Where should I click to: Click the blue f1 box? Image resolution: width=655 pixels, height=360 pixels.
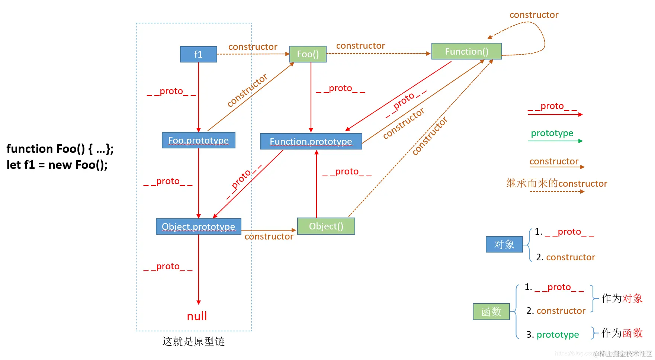pyautogui.click(x=198, y=54)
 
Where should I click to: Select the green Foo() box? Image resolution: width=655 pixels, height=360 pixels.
pyautogui.click(x=308, y=54)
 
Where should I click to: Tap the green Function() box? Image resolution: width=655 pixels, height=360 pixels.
pyautogui.click(x=466, y=51)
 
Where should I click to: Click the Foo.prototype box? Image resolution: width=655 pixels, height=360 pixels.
pyautogui.click(x=198, y=140)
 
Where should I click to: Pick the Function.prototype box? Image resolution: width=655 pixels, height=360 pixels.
pyautogui.click(x=311, y=141)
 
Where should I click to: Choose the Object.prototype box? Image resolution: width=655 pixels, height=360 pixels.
pyautogui.click(x=198, y=226)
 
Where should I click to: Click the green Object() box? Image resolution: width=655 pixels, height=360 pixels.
pyautogui.click(x=326, y=226)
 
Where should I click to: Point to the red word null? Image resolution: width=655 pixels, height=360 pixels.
pyautogui.click(x=197, y=316)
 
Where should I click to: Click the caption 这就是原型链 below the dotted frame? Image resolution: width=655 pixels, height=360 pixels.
pyautogui.click(x=193, y=341)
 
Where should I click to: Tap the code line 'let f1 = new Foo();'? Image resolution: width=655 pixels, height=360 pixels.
pyautogui.click(x=57, y=165)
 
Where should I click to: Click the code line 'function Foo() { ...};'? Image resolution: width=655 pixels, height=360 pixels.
pyautogui.click(x=60, y=149)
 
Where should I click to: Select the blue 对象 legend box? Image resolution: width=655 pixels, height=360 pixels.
pyautogui.click(x=504, y=244)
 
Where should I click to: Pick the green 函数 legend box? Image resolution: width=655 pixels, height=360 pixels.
pyautogui.click(x=491, y=312)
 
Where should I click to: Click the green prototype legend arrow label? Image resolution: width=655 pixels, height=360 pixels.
pyautogui.click(x=552, y=133)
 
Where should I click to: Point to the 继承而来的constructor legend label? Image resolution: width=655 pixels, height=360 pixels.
pyautogui.click(x=556, y=183)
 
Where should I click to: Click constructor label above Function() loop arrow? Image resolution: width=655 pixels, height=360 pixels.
pyautogui.click(x=534, y=15)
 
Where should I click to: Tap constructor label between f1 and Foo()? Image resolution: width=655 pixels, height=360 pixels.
pyautogui.click(x=253, y=47)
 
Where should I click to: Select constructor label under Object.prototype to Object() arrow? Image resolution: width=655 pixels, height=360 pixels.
pyautogui.click(x=269, y=237)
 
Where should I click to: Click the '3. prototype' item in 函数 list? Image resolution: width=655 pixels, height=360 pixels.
pyautogui.click(x=552, y=335)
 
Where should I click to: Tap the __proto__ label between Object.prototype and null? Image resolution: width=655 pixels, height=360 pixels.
pyautogui.click(x=168, y=267)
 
